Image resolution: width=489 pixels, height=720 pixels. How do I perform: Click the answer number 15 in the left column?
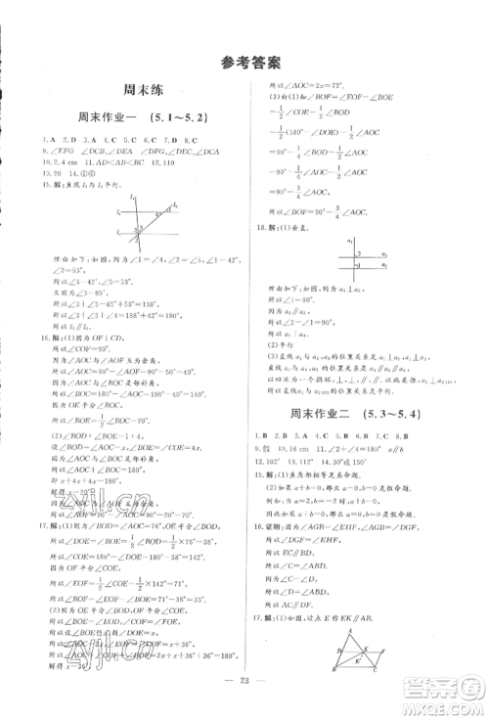[36, 184]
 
